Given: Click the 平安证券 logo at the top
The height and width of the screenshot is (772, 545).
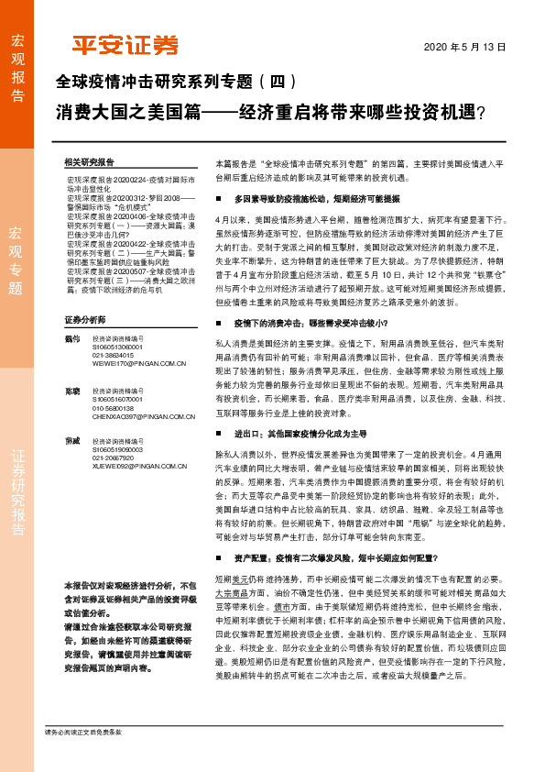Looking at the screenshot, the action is pyautogui.click(x=125, y=46).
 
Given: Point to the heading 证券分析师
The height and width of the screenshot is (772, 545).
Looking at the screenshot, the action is pyautogui.click(x=84, y=319).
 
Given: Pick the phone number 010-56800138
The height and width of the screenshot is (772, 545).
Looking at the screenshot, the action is pyautogui.click(x=114, y=408).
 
